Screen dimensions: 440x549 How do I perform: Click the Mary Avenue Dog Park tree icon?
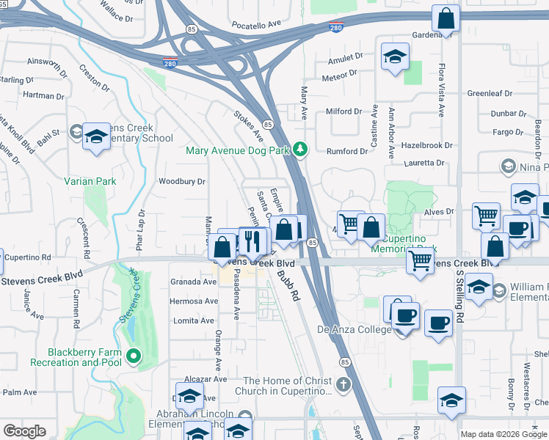coord(299,149)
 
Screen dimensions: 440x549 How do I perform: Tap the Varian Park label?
coord(90,180)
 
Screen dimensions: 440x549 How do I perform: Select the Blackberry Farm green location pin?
coord(133,357)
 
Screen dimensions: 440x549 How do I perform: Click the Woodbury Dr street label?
coord(182,181)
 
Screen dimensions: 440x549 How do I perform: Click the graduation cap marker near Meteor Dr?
coord(396,57)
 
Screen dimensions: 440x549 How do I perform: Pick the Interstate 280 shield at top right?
coord(336,28)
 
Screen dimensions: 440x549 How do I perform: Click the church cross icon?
coord(343,384)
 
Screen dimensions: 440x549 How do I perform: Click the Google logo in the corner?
coord(24,431)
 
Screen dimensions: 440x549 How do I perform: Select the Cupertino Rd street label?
coord(26,257)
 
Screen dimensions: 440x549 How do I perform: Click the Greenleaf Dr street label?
coord(490,94)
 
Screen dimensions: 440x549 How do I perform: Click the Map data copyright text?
coord(503,434)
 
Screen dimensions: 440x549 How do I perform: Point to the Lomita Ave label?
coord(194,320)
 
